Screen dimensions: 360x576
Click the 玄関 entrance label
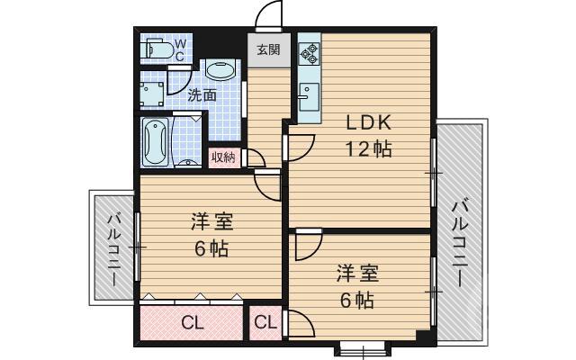click(x=268, y=50)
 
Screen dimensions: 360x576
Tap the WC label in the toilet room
click(x=180, y=49)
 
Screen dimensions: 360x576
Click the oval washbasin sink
click(x=220, y=70)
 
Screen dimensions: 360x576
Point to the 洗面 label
click(x=202, y=94)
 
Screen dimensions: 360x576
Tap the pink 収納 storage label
click(x=223, y=157)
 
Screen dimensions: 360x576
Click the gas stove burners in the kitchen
click(x=309, y=54)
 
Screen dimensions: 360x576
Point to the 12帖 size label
click(x=369, y=149)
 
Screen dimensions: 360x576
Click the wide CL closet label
click(x=191, y=322)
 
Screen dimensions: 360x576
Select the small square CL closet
click(x=265, y=322)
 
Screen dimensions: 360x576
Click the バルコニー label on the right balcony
click(x=459, y=241)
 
